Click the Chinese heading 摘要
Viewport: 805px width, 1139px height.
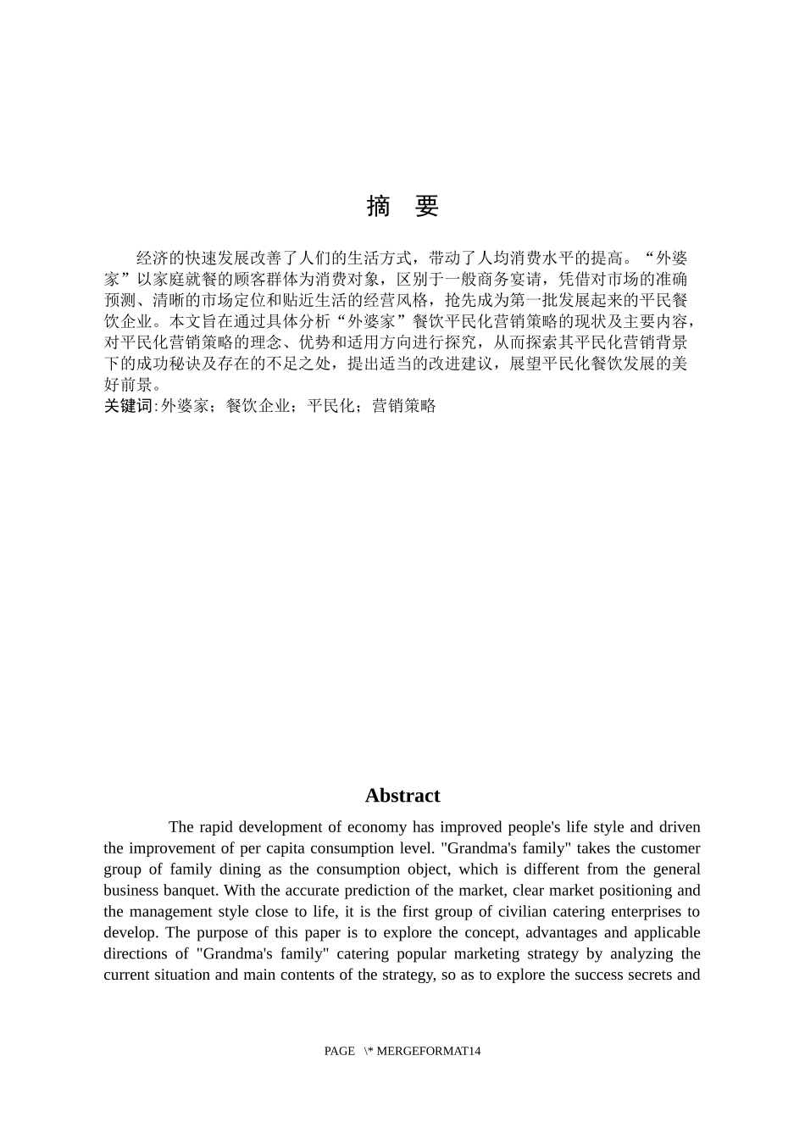point(402,206)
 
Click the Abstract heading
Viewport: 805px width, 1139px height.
point(402,796)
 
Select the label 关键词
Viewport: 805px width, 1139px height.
point(128,406)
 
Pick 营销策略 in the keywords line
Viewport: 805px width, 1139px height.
point(404,406)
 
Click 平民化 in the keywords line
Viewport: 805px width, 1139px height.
point(330,406)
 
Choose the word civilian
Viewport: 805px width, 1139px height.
point(480,912)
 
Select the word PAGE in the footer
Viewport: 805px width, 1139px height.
point(339,1051)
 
